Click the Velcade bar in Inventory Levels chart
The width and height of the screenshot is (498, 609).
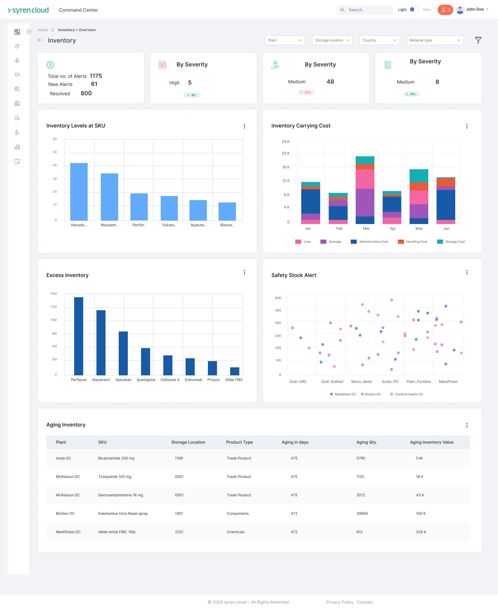tap(79, 192)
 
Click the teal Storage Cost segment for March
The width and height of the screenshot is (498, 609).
tap(365, 160)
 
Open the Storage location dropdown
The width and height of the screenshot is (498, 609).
tap(332, 40)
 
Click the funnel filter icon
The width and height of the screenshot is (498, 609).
tap(478, 40)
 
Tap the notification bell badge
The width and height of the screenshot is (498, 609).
tap(445, 10)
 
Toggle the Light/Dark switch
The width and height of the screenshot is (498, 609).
tap(414, 10)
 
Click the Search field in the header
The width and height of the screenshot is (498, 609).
tap(365, 10)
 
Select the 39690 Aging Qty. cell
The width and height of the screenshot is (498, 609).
tap(362, 513)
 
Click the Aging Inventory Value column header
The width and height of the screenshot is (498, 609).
tap(431, 442)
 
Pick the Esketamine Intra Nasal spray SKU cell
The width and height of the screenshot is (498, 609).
tap(123, 513)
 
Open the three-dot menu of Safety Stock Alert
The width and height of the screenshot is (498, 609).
tap(467, 272)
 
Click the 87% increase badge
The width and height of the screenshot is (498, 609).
tap(306, 92)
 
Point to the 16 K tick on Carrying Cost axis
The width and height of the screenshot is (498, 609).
tap(286, 167)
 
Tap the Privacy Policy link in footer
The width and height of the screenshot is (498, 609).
tap(339, 602)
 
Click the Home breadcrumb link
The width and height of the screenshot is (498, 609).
tap(43, 30)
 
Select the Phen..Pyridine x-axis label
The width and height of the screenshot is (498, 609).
tap(418, 382)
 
